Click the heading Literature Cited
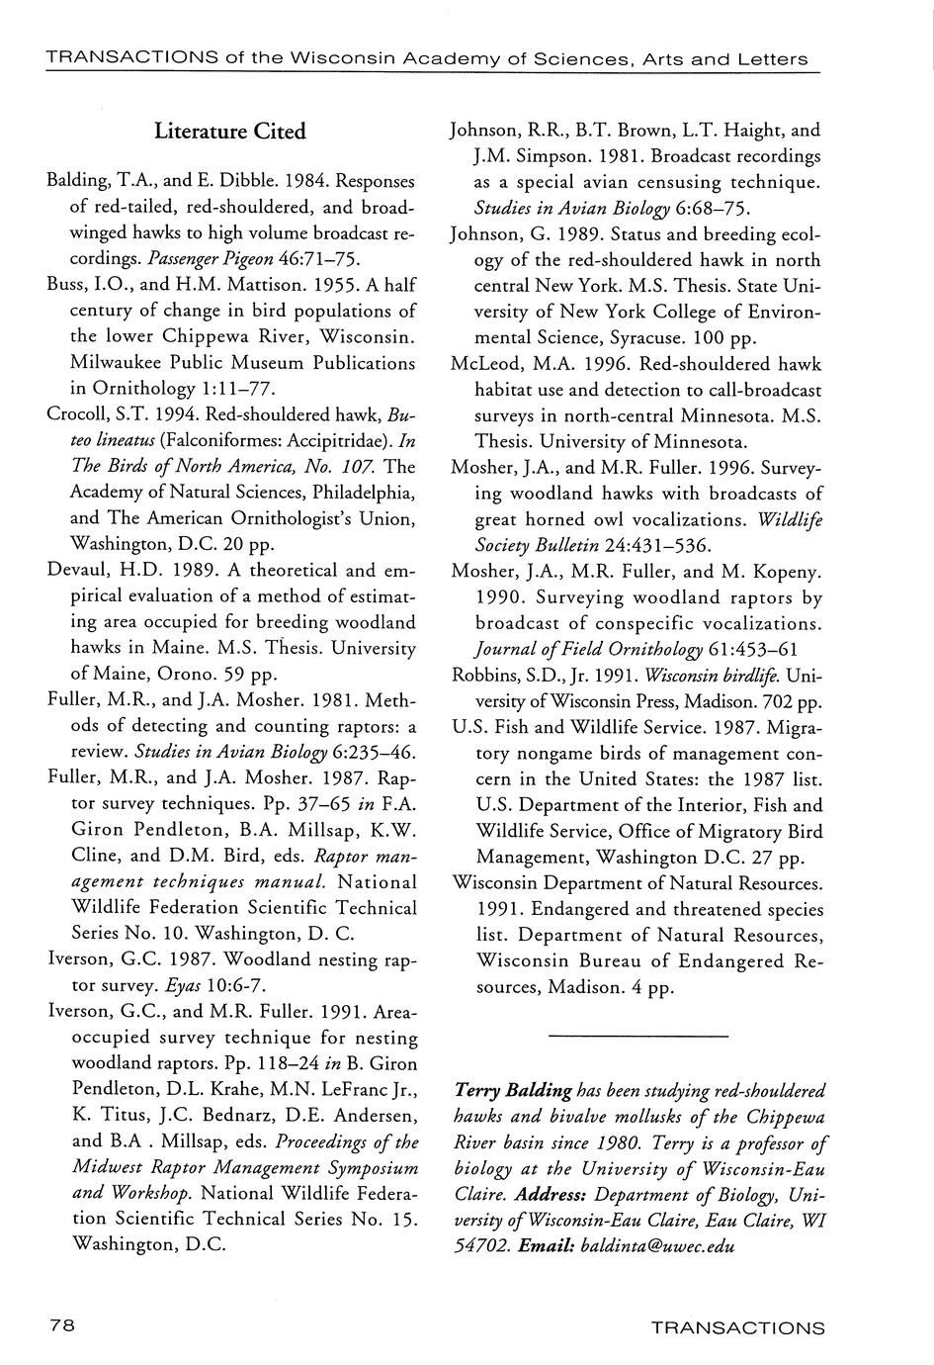coord(230,132)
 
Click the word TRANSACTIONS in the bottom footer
coord(737,1327)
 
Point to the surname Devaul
coord(76,571)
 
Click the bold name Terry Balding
coord(513,1090)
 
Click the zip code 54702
coord(479,1245)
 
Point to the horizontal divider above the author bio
coord(637,1036)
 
